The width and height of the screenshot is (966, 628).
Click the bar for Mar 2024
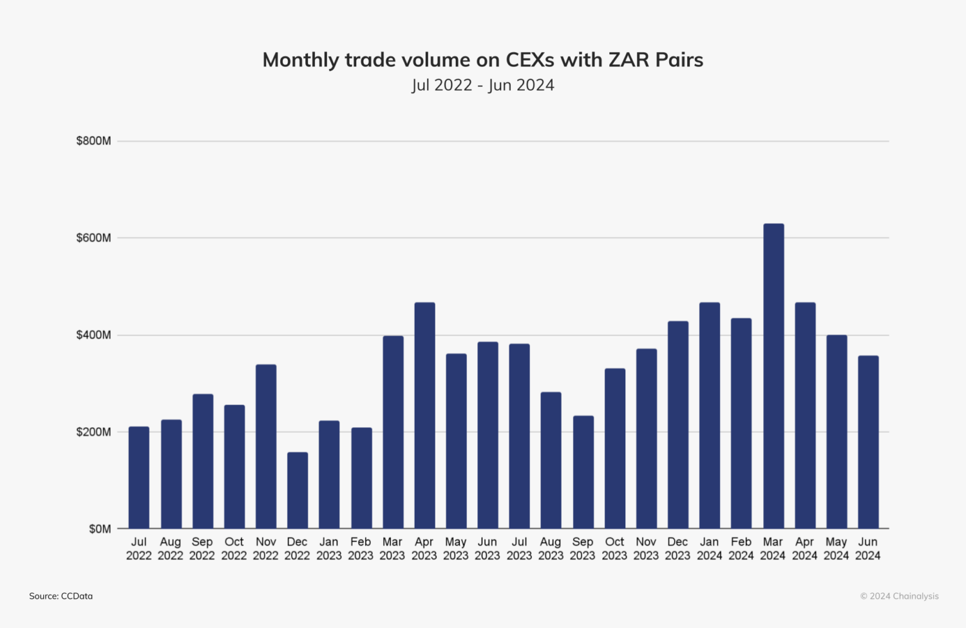tap(773, 376)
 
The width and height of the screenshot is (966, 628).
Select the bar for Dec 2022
tap(298, 490)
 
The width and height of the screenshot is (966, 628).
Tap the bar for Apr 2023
tap(424, 415)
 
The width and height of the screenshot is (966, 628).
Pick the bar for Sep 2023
tap(583, 472)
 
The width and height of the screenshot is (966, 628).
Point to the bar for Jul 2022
tap(138, 477)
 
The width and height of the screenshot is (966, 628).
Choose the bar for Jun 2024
tap(868, 442)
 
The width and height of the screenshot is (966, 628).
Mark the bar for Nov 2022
tap(266, 446)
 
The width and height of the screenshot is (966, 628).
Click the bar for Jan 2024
tap(710, 415)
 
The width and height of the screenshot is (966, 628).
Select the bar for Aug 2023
tap(551, 460)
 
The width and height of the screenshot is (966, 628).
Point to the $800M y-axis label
tap(93, 141)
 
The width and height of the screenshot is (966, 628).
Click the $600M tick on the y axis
tap(93, 238)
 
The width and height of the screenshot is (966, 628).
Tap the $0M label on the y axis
tap(100, 529)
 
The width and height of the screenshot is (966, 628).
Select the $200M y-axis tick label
tap(93, 432)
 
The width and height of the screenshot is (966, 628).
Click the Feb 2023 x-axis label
tap(361, 549)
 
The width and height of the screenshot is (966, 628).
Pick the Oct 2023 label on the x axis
tap(614, 549)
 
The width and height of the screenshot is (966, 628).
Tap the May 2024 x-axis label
tap(836, 549)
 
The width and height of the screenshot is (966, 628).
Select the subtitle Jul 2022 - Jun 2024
tap(483, 85)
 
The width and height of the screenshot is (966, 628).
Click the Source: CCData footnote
tap(61, 596)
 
